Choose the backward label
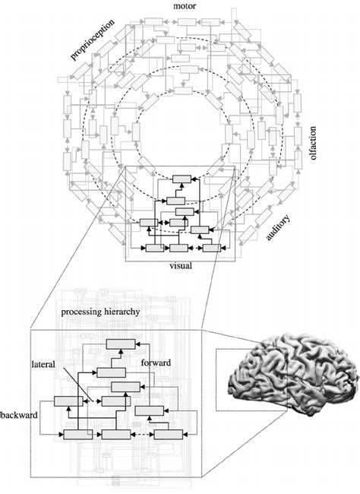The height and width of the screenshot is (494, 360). tap(17, 418)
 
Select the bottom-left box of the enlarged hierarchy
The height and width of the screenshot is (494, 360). tap(77, 434)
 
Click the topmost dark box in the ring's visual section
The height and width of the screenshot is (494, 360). tap(180, 178)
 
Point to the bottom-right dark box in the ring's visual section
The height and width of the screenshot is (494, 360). tap(212, 247)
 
